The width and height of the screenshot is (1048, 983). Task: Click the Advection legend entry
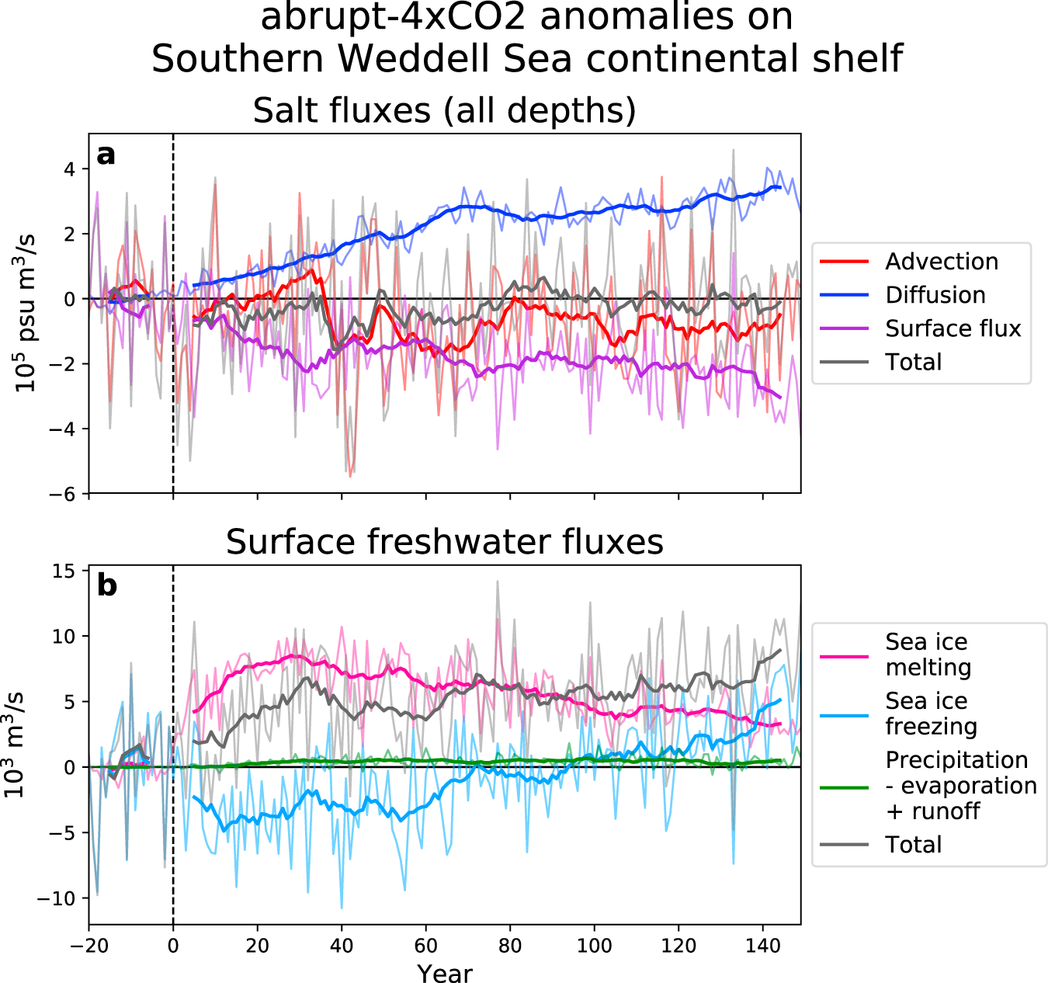pyautogui.click(x=941, y=262)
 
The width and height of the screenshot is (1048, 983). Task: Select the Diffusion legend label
pyautogui.click(x=935, y=295)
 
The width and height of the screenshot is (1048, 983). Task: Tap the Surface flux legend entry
pyautogui.click(x=953, y=328)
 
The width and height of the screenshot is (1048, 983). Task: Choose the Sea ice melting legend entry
pyautogui.click(x=928, y=655)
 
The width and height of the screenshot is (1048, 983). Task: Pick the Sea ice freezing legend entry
pyautogui.click(x=931, y=714)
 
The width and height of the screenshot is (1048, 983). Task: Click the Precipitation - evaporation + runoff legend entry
pyautogui.click(x=960, y=785)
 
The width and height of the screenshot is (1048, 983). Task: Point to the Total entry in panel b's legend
pyautogui.click(x=913, y=845)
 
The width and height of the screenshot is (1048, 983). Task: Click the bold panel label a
pyautogui.click(x=106, y=155)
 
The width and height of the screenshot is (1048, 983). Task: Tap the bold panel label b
pyautogui.click(x=106, y=585)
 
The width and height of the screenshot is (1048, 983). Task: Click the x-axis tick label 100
pyautogui.click(x=594, y=947)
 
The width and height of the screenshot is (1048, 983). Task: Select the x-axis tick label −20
pyautogui.click(x=88, y=947)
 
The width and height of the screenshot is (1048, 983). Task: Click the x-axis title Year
pyautogui.click(x=444, y=973)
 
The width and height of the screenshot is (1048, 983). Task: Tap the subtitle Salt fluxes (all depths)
pyautogui.click(x=444, y=111)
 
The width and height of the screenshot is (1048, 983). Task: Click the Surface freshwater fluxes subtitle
pyautogui.click(x=444, y=542)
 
